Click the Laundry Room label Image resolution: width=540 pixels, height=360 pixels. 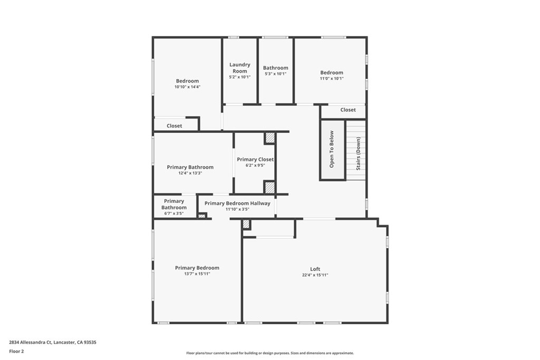(239, 67)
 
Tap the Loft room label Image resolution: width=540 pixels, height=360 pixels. (315, 269)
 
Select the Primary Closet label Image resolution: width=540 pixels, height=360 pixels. (255, 159)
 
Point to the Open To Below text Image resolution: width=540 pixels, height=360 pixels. (332, 149)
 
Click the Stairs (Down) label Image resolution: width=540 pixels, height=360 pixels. (358, 153)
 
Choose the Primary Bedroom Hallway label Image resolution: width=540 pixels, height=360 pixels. (237, 203)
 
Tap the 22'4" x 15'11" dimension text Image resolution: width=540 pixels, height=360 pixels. (315, 275)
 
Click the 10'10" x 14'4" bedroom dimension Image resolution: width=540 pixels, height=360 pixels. (187, 87)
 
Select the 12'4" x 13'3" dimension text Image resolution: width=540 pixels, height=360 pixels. (190, 173)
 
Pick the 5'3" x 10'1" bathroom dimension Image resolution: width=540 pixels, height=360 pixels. (275, 74)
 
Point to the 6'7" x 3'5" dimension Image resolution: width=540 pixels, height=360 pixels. (173, 213)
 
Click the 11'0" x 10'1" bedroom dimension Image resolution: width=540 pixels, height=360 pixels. (332, 79)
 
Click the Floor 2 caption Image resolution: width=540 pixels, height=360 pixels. (16, 351)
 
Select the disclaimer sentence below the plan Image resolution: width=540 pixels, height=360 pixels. (269, 353)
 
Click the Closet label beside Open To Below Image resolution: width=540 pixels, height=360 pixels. (348, 110)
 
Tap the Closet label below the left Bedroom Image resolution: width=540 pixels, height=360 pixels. (174, 126)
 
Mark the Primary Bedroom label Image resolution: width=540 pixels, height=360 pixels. (197, 268)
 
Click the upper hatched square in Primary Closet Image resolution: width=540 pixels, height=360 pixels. (269, 138)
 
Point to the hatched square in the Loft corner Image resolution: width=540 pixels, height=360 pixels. (246, 224)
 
